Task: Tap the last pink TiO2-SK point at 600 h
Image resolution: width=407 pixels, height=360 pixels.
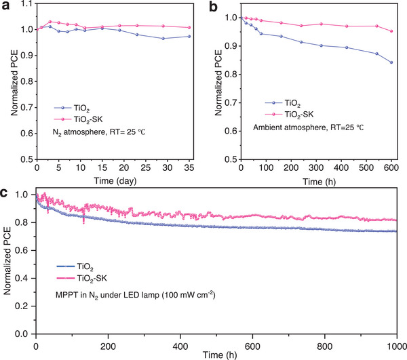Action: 391,31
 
